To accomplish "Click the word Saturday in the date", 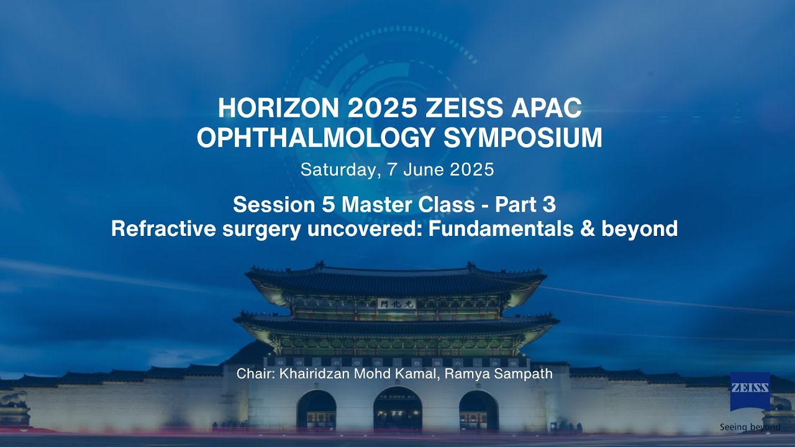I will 339,169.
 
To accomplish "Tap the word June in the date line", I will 427,169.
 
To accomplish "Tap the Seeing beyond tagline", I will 750,427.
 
